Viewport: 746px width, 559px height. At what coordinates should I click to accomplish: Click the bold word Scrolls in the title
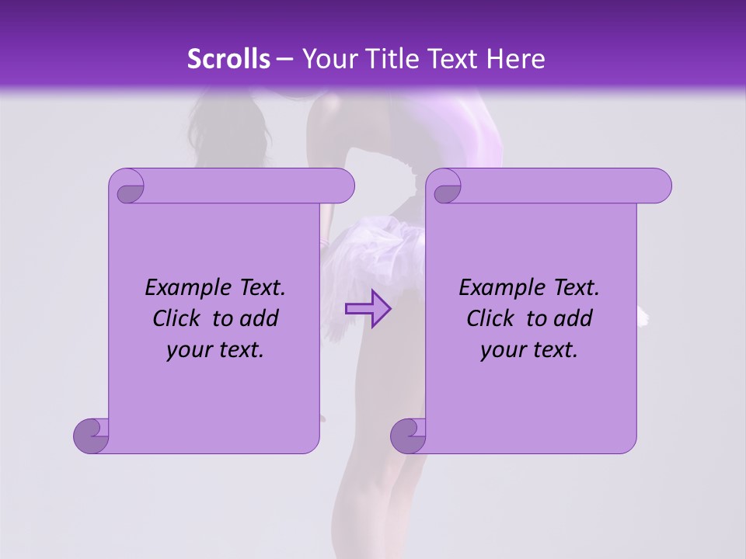click(229, 59)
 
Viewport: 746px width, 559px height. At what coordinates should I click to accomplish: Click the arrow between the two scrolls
click(368, 308)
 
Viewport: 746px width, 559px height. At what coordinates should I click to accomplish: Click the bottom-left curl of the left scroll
click(91, 435)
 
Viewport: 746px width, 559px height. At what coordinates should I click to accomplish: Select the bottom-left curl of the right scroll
click(408, 435)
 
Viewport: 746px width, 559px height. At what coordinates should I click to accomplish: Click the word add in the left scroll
click(259, 319)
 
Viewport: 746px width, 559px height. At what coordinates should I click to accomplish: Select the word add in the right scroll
click(573, 319)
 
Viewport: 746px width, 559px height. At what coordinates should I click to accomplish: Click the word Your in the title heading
click(326, 59)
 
